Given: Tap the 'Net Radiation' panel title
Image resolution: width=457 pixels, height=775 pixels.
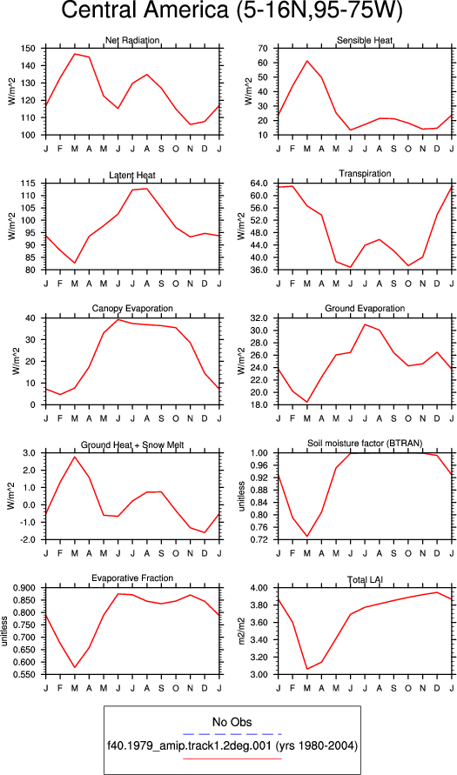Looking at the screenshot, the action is coord(132,41).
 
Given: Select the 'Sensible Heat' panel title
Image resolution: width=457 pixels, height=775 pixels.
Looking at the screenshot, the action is coord(365,41).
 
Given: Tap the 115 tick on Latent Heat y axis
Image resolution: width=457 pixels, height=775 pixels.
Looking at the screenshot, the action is coord(32,184).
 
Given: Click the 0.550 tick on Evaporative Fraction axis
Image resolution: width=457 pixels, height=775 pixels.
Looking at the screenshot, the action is coord(30,675).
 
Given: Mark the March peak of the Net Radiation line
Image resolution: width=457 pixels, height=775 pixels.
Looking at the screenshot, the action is coord(75,54).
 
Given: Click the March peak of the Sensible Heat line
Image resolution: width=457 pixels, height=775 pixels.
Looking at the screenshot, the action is coord(306,61).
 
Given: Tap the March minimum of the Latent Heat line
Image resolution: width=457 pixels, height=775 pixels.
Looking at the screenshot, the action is coord(75,263).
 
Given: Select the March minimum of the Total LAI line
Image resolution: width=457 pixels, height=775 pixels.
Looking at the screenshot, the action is coord(306,669).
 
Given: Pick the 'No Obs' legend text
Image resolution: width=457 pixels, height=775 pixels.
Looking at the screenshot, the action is coord(232,723).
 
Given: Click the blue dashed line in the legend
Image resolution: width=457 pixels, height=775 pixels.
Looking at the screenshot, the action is coord(232,734).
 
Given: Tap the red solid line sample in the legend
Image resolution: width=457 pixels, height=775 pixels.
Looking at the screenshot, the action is coord(232,758).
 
